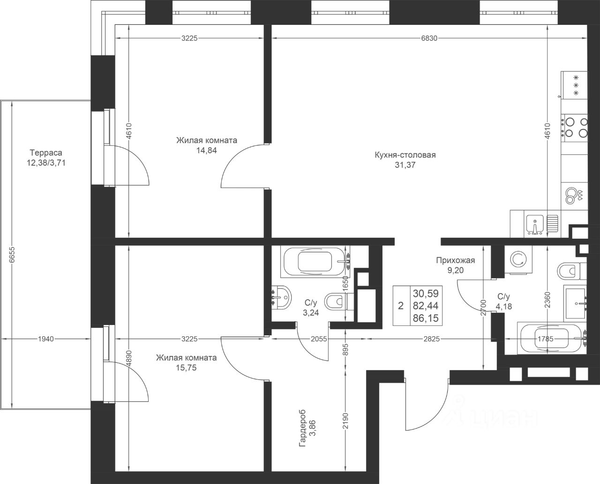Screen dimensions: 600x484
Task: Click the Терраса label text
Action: (46, 152)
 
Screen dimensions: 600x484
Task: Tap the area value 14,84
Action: (207, 151)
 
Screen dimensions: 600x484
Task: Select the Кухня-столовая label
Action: (405, 155)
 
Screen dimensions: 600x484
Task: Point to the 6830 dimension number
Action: (429, 38)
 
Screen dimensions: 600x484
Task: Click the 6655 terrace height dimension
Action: (12, 254)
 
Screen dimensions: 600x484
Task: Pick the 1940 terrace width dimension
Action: (46, 339)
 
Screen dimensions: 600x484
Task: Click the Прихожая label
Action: (455, 261)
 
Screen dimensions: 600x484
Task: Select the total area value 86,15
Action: (426, 318)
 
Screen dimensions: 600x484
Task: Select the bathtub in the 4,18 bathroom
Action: (552, 339)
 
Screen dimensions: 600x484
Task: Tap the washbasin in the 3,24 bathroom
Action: (281, 297)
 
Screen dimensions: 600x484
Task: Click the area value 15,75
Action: (186, 368)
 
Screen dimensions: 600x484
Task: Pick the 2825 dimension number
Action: (432, 339)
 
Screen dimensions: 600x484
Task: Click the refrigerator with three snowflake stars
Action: (574, 85)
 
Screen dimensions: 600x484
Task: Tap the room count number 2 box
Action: (401, 306)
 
